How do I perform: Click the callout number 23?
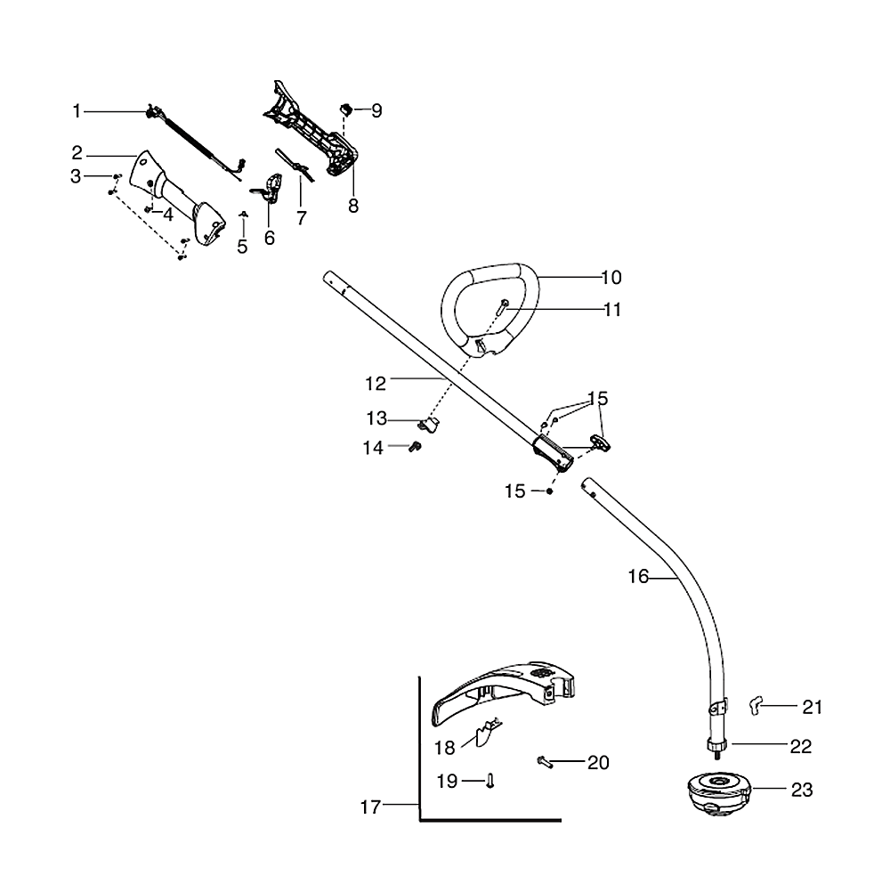coord(802,790)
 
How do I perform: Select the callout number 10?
coord(611,278)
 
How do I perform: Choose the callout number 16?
coord(638,577)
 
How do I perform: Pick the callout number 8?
coord(353,206)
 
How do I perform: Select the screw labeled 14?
coord(413,448)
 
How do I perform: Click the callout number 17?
coord(370,807)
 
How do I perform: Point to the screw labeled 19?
coord(490,781)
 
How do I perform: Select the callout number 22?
coord(801,747)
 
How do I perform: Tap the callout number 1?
coord(77,111)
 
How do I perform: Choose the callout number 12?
coord(376,384)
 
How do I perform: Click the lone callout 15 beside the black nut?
coord(516,491)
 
